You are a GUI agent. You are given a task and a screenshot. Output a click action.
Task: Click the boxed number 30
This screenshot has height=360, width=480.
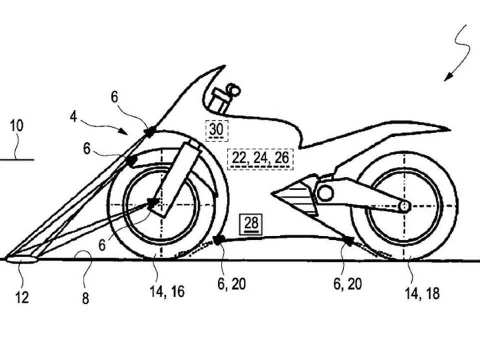click(216, 130)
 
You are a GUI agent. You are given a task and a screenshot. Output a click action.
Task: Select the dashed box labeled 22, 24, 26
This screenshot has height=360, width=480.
click(260, 159)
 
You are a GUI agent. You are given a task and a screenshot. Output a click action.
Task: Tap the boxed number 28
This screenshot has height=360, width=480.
click(251, 223)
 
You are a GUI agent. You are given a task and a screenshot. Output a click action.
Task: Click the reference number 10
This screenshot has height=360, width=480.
click(16, 126)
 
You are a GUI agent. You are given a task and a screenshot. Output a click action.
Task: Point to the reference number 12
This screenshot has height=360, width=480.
click(22, 297)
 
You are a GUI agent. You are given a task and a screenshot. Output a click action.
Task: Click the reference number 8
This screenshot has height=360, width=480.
click(85, 298)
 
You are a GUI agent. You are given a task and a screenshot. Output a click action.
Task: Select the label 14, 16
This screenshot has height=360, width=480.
click(167, 291)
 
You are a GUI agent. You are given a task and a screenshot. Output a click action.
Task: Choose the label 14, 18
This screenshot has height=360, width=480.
click(422, 293)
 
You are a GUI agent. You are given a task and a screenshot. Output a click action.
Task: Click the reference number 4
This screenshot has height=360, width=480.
click(73, 116)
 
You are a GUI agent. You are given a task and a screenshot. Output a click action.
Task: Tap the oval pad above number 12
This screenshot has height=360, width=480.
click(21, 259)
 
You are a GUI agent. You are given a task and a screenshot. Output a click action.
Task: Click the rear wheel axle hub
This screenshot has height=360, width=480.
click(404, 206)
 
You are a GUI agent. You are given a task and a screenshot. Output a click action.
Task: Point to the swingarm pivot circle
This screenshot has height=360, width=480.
click(325, 193)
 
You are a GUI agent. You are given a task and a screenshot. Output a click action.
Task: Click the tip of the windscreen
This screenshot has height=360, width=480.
click(224, 65)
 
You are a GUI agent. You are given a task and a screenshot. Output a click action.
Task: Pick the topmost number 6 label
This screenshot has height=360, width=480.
click(114, 97)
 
